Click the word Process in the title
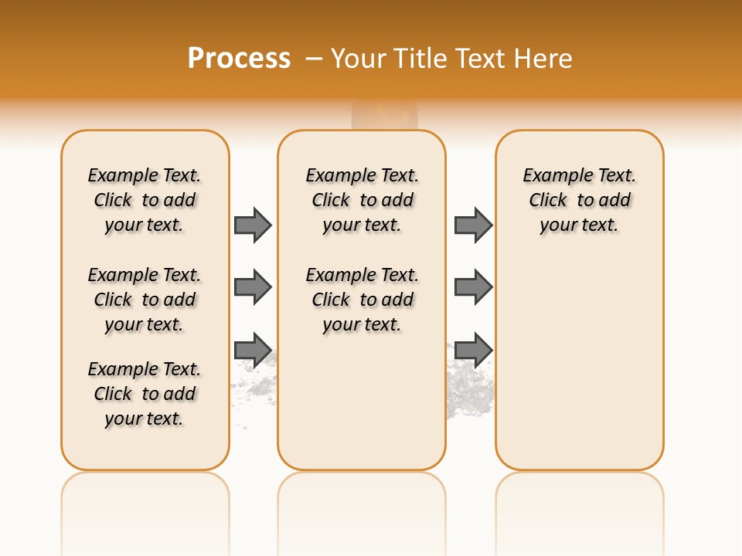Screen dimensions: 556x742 [x=239, y=59]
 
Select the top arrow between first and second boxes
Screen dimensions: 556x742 [x=253, y=225]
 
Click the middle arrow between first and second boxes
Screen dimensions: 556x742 [x=253, y=287]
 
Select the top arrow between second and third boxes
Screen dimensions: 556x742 [x=473, y=225]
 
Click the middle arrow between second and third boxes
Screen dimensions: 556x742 [x=473, y=287]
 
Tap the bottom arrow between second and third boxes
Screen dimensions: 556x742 [x=473, y=349]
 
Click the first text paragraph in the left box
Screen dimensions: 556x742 [x=145, y=200]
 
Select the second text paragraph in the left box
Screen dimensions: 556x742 [x=145, y=300]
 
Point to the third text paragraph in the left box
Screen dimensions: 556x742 [x=145, y=394]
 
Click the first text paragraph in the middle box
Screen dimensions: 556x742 [x=362, y=200]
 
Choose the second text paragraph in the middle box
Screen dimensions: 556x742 [x=362, y=300]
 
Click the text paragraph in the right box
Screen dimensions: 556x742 [x=579, y=200]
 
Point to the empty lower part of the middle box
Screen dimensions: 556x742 [x=362, y=409]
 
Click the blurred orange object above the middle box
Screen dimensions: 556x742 [x=384, y=115]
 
